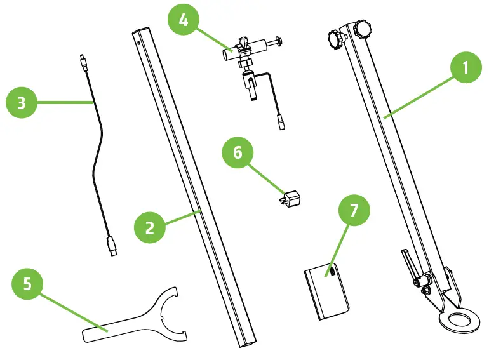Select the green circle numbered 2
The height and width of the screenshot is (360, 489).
[x=150, y=227]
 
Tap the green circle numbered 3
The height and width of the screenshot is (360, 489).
[x=21, y=103]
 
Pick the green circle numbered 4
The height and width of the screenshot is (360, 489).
[x=184, y=22]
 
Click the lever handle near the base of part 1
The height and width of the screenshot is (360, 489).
[x=407, y=264]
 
